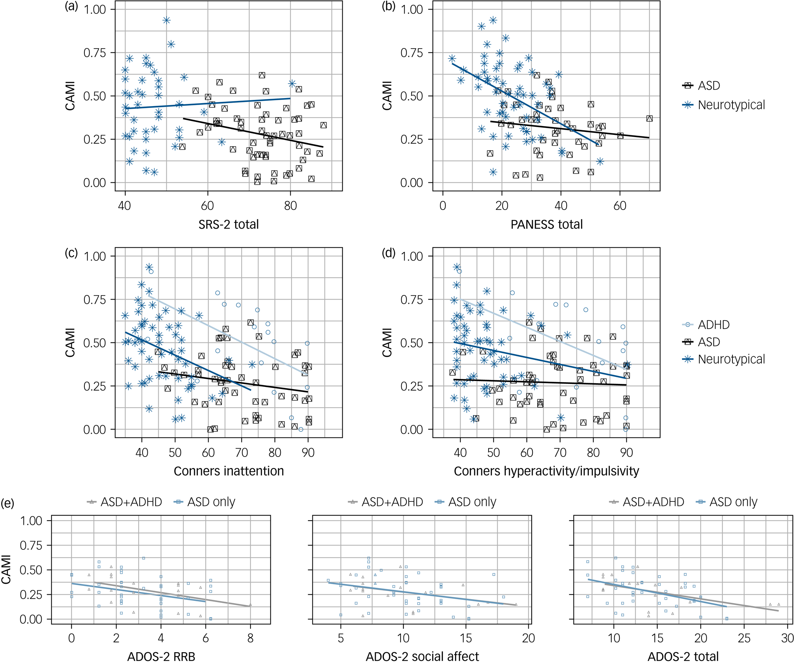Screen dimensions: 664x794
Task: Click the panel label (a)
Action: click(71, 6)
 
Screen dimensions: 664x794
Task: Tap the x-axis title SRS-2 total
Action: click(228, 225)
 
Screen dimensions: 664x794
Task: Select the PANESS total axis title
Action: click(546, 225)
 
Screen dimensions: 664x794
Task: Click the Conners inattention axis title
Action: click(228, 471)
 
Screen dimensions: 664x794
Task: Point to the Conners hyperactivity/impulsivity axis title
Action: click(546, 471)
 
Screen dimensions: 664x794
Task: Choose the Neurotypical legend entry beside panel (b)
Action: click(731, 105)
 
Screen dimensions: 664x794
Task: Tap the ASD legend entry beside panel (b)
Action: click(709, 86)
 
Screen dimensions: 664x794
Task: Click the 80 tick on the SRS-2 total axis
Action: click(290, 206)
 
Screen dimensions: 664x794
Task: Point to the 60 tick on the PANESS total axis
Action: click(620, 206)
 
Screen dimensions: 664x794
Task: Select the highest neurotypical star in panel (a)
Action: click(167, 20)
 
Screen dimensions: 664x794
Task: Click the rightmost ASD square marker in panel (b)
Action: click(649, 119)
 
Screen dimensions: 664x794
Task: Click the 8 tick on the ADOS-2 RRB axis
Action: click(250, 638)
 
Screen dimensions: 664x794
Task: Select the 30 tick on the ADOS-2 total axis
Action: click(787, 638)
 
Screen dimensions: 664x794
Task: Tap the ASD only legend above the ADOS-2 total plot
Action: click(733, 502)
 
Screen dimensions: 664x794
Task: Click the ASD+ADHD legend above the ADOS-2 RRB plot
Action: click(131, 502)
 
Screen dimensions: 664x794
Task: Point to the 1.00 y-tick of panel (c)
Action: click(95, 256)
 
